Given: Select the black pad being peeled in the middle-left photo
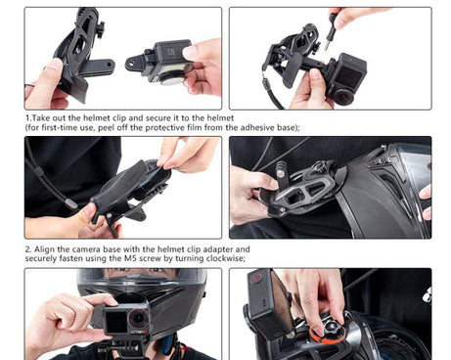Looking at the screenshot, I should coord(137,186).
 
